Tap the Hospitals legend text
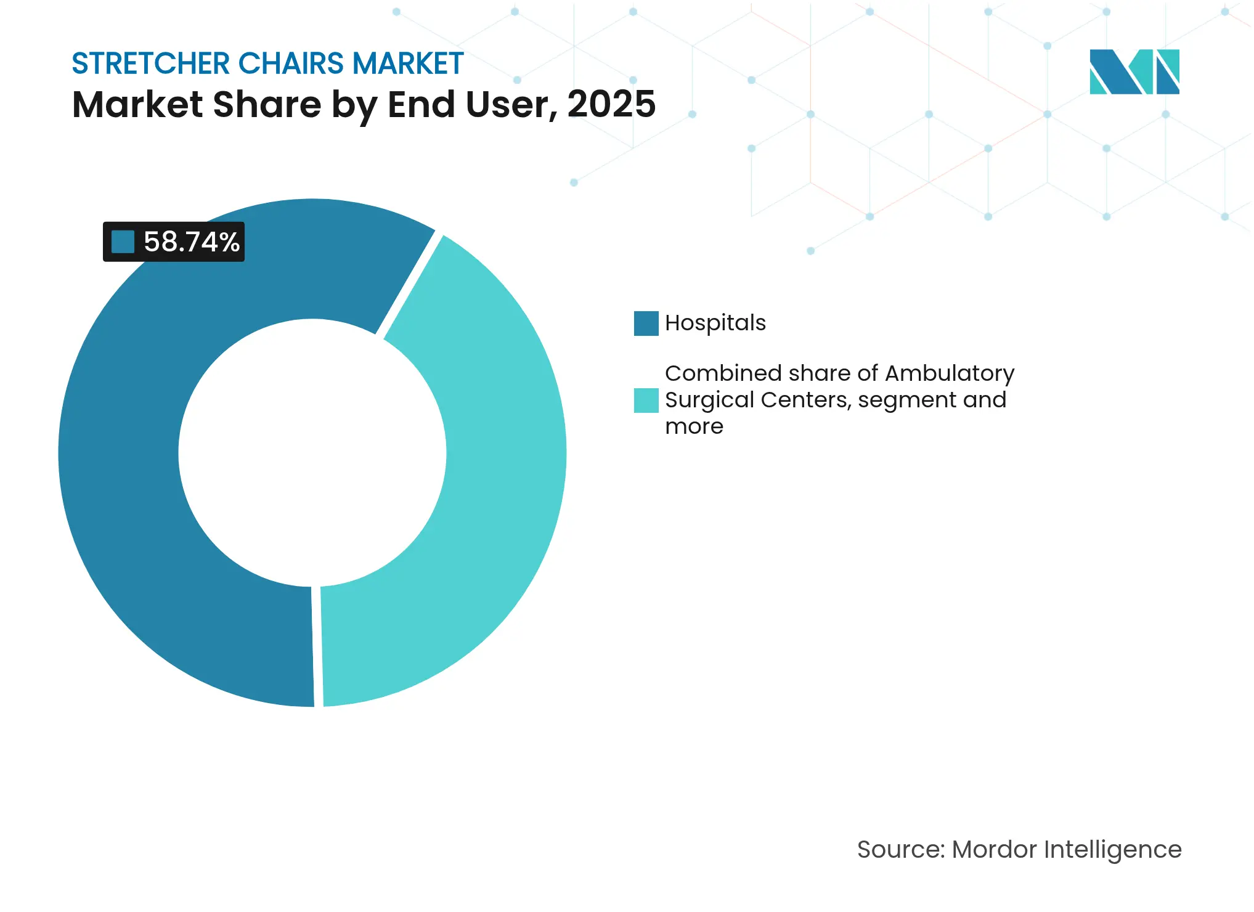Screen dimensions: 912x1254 pyautogui.click(x=715, y=323)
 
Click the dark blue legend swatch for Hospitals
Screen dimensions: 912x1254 pyautogui.click(x=646, y=324)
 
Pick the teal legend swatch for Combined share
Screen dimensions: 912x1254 pyautogui.click(x=646, y=401)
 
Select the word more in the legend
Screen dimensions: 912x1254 pyautogui.click(x=694, y=426)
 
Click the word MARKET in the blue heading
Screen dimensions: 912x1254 pyautogui.click(x=407, y=63)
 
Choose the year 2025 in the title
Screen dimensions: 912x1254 pyautogui.click(x=611, y=104)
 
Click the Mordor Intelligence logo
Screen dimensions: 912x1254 pyautogui.click(x=1134, y=71)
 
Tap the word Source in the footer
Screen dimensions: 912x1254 pyautogui.click(x=900, y=850)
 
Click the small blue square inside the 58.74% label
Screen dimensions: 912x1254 pyautogui.click(x=123, y=242)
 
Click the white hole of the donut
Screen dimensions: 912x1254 pyautogui.click(x=312, y=453)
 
